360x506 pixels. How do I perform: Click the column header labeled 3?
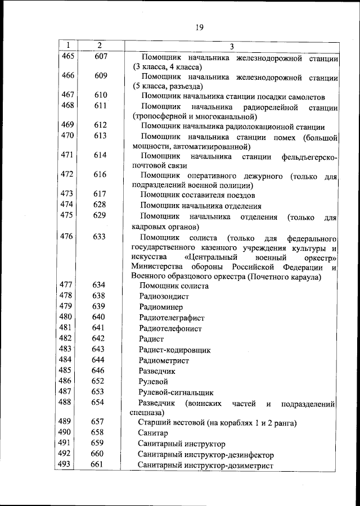[231, 46]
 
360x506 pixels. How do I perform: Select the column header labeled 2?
[99, 45]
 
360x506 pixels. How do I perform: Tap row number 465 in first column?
[67, 56]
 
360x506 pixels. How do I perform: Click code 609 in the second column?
[100, 76]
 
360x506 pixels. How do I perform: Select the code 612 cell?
[100, 125]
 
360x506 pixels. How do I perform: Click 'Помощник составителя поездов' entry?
[197, 195]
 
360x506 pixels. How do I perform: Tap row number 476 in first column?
[67, 237]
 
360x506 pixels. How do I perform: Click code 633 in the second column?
[100, 237]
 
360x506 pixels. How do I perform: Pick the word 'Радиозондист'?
[166, 296]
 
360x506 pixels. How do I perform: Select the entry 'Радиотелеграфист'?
[170, 318]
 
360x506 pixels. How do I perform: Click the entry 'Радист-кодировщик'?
[175, 350]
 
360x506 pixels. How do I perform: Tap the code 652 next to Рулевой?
[99, 381]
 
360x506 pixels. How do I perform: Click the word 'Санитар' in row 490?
[153, 433]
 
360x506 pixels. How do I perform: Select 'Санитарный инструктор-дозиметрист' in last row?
[205, 466]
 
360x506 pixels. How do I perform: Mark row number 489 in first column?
[66, 422]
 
